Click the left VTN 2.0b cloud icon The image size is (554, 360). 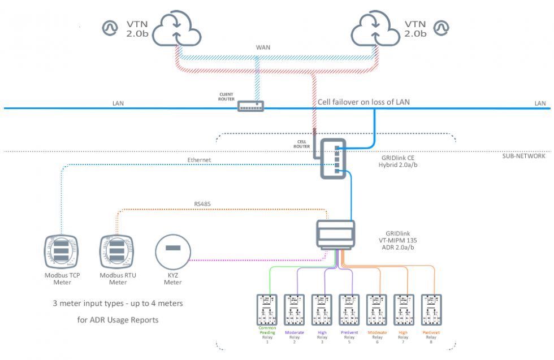pyautogui.click(x=178, y=28)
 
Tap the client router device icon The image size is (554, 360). pyautogui.click(x=250, y=106)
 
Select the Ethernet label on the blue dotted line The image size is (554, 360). pyautogui.click(x=200, y=161)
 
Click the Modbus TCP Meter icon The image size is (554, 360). pyautogui.click(x=62, y=252)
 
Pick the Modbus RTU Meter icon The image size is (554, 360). pyautogui.click(x=118, y=252)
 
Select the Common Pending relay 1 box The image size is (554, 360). pyautogui.click(x=267, y=309)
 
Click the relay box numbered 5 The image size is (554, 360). pyautogui.click(x=349, y=309)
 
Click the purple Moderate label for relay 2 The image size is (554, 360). pyautogui.click(x=295, y=333)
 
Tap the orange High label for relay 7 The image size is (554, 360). pyautogui.click(x=403, y=333)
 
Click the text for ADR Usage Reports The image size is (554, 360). pyautogui.click(x=118, y=320)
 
